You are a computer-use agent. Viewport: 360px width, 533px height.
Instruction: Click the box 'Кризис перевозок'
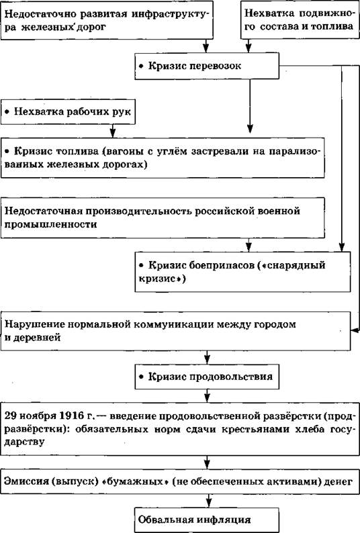click(207, 66)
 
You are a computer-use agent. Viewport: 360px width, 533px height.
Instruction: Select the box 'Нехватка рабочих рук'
click(68, 112)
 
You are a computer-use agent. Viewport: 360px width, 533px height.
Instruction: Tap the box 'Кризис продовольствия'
click(207, 377)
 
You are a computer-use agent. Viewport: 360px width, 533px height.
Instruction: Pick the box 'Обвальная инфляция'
click(207, 520)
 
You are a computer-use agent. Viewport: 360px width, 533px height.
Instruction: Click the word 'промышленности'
click(50, 224)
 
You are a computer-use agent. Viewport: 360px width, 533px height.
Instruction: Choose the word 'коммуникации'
click(173, 324)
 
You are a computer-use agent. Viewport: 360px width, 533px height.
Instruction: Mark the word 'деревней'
click(38, 338)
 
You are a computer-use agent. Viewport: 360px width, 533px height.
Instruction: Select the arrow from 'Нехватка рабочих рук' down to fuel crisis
click(113, 131)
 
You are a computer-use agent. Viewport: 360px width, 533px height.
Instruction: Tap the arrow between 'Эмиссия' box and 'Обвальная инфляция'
click(208, 501)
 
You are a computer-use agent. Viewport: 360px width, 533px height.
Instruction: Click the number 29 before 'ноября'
click(10, 416)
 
